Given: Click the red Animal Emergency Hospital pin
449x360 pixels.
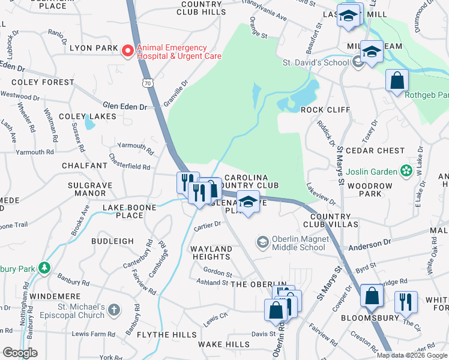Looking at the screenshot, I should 127,52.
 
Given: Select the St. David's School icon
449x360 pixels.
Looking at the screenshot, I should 358,62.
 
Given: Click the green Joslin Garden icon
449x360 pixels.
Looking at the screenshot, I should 406,172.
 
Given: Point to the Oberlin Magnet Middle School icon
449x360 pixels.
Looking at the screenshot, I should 262,242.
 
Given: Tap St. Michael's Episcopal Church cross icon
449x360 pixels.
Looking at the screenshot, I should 114,311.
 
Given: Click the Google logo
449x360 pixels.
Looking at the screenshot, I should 20,353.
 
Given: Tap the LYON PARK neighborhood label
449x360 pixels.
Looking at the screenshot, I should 92,47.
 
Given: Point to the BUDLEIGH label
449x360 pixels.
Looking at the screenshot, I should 112,241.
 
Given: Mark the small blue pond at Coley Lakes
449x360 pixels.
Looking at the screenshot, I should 89,123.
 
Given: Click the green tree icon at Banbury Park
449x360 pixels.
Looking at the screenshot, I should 44,267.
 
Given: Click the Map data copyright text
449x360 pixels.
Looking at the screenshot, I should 412,355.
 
